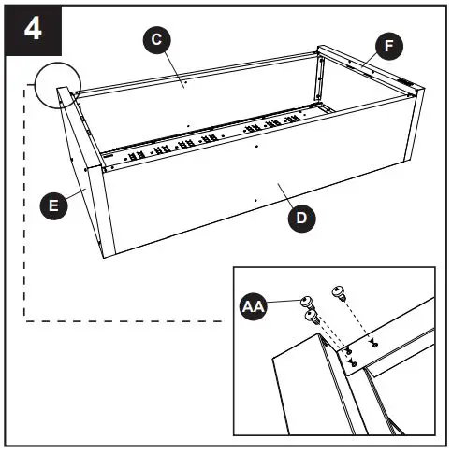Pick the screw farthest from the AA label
(339, 292)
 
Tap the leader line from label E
(75, 194)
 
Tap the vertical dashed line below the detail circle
(22, 205)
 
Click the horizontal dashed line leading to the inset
(122, 320)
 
